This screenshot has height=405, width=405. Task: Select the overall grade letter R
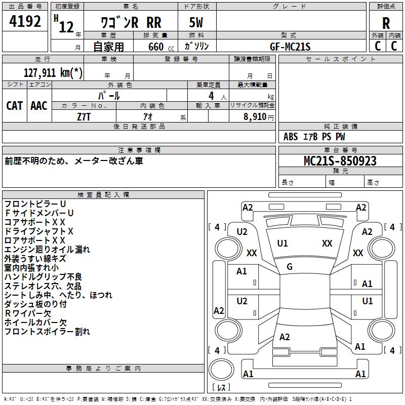[386, 23]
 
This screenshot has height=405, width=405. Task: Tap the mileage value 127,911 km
[53, 72]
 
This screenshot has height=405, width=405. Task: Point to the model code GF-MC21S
[290, 47]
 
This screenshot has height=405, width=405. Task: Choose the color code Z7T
[84, 116]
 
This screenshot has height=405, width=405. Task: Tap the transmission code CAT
[15, 105]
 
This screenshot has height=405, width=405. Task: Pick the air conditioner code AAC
[39, 105]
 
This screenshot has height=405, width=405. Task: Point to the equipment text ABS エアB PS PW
[314, 137]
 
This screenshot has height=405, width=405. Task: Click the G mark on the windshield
[290, 267]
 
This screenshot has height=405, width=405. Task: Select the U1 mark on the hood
[282, 244]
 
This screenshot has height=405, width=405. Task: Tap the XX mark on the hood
[327, 244]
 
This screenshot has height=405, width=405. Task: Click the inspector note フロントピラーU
[35, 204]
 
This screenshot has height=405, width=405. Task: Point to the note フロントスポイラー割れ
[47, 332]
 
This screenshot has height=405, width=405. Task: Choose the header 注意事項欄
[139, 150]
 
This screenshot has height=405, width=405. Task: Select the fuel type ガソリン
[196, 46]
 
